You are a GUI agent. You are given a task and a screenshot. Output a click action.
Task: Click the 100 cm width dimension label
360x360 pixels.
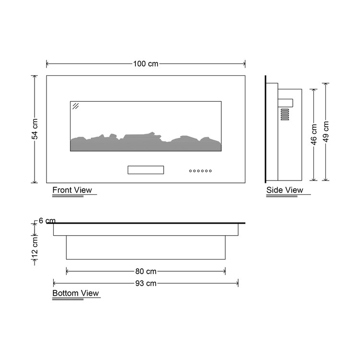(146, 64)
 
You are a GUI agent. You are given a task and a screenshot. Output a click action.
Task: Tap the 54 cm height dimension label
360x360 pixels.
(35, 129)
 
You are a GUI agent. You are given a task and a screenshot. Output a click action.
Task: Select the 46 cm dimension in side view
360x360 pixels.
(314, 134)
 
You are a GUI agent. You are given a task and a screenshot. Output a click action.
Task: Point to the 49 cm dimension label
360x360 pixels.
(326, 132)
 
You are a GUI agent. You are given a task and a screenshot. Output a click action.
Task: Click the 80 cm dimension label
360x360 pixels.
(146, 271)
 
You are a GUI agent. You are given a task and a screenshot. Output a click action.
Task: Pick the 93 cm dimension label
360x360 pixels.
(146, 283)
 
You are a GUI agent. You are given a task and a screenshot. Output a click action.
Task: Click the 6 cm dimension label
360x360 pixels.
(47, 221)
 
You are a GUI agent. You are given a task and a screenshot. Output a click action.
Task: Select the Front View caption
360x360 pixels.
(72, 190)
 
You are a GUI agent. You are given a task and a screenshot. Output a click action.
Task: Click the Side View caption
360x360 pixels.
(285, 190)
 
